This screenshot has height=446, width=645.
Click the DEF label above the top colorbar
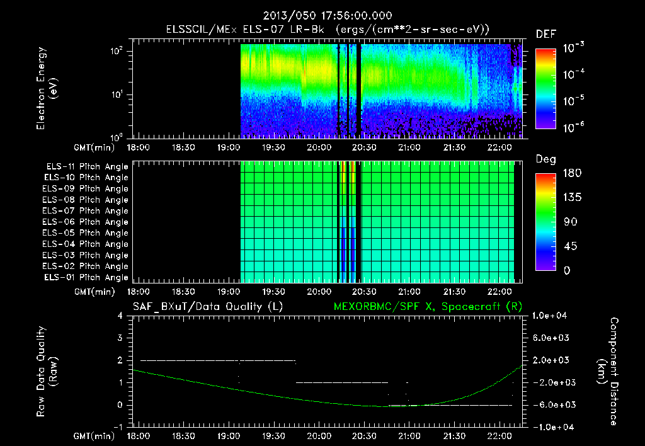coord(545,35)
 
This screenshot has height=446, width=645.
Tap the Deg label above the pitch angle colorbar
coord(545,159)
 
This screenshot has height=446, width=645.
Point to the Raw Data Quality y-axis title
coord(48,371)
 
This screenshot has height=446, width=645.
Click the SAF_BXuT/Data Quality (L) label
coord(207,306)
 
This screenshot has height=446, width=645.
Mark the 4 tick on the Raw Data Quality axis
coord(120,316)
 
